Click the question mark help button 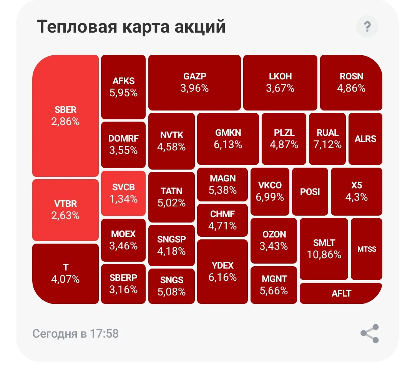(367, 26)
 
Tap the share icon (370, 333)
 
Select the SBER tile (65, 116)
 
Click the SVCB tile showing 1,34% (123, 193)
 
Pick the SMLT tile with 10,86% (324, 249)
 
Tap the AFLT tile (341, 294)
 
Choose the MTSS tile (367, 249)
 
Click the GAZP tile (194, 82)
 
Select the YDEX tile (222, 272)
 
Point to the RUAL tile (327, 139)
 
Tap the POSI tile (310, 191)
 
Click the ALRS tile (365, 139)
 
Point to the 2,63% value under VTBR (65, 216)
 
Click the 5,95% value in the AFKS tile (124, 93)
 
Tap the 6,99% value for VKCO (270, 197)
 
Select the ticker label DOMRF (124, 138)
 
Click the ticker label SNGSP (171, 239)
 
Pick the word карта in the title (146, 28)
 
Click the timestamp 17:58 (104, 333)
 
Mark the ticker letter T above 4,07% (66, 267)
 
